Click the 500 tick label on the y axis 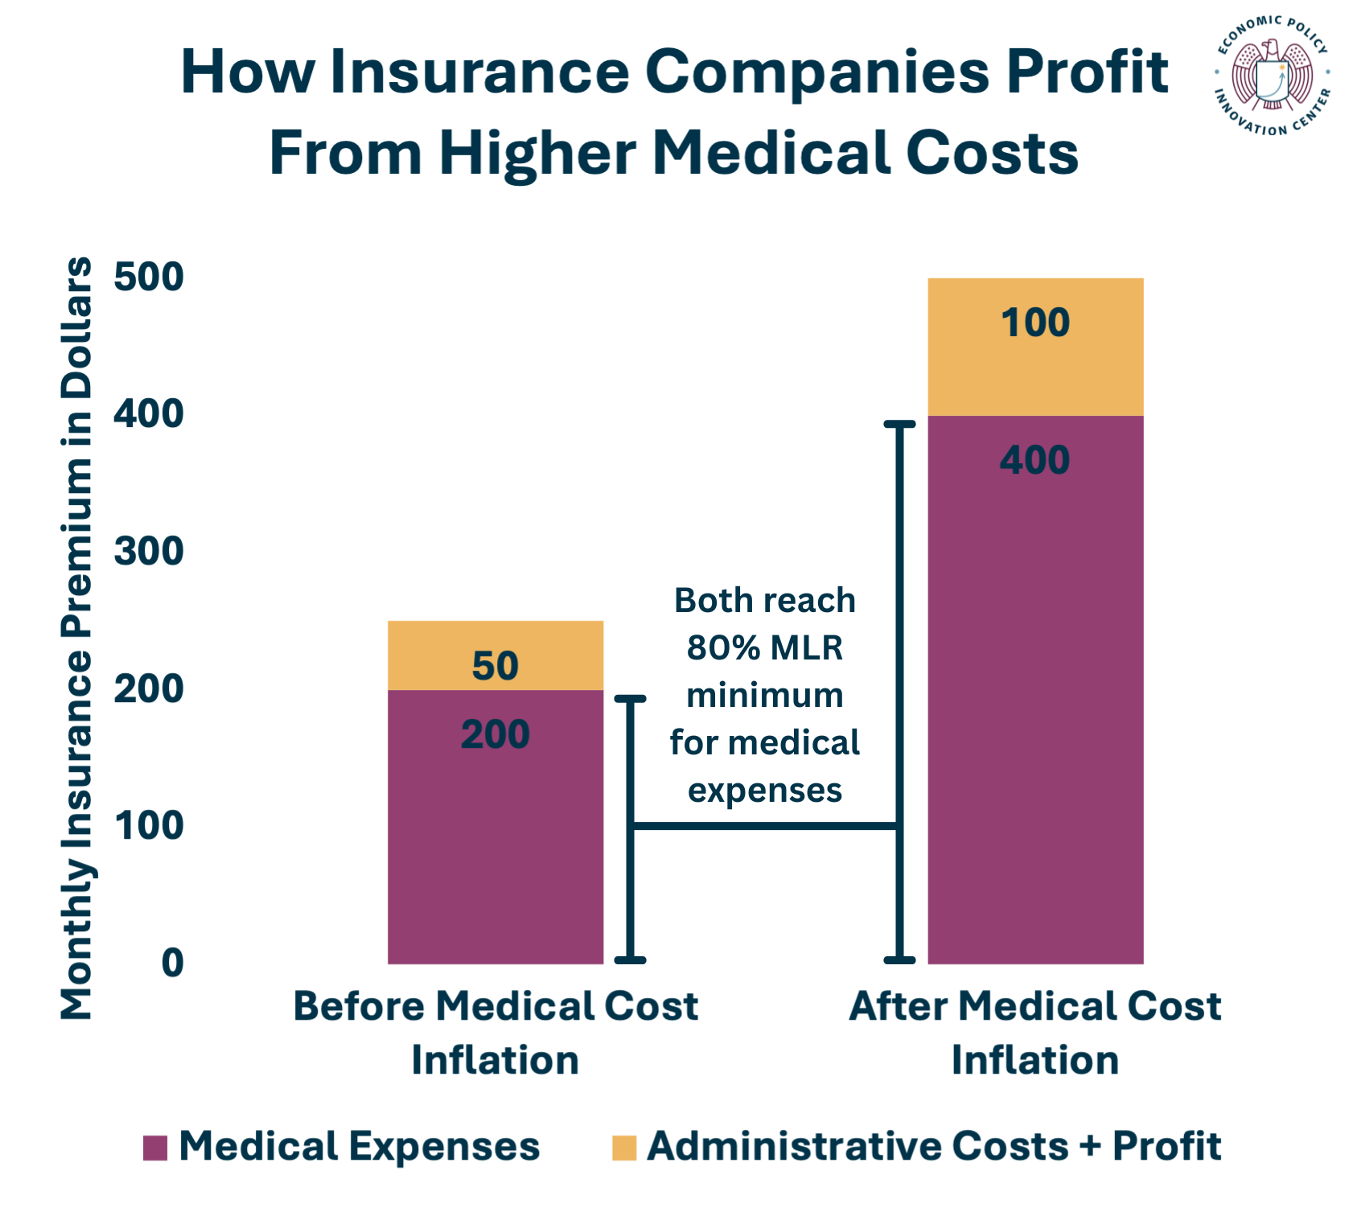coord(149,277)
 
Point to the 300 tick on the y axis coord(149,552)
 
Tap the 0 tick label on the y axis coord(172,963)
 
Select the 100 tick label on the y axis coord(149,826)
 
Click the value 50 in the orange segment coord(495,666)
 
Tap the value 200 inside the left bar coord(495,734)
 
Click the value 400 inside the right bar coord(1034,460)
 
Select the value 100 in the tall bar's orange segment coord(1034,323)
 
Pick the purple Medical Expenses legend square coord(154,1148)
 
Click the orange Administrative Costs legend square coord(623,1148)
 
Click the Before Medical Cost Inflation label coord(495,1033)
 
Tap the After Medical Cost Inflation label coord(1034,1033)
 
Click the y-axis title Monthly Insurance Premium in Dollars coord(77,639)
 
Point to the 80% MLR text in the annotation coord(764,647)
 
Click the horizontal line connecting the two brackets coord(764,826)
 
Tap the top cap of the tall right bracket coord(900,424)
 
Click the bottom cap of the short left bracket coord(630,959)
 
